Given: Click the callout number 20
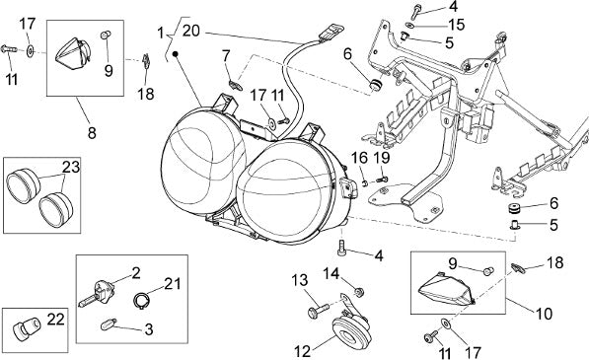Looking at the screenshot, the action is (190, 31).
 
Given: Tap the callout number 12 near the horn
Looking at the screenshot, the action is (302, 352).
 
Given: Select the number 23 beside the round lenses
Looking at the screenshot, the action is (71, 167).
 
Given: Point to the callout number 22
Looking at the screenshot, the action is (55, 320).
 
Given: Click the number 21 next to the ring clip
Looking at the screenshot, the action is (172, 283).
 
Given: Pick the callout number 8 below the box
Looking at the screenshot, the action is (92, 133).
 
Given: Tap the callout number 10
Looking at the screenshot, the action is (544, 314).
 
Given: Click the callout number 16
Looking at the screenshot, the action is (359, 158).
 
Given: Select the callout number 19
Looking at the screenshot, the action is (382, 158).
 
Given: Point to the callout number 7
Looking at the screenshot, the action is (225, 56).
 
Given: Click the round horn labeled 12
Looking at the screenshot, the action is (351, 330).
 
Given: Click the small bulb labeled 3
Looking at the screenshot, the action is (109, 324).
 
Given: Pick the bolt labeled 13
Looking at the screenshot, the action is (318, 311).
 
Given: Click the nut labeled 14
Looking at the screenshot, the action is (360, 291).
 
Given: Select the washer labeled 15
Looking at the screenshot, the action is (409, 26).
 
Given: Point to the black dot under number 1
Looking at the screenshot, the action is (175, 54).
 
